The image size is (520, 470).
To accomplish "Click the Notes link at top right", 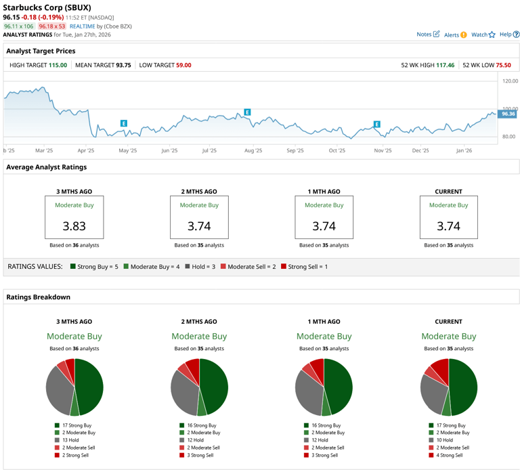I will tap(427, 34).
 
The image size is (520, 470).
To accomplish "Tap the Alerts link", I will tap(454, 35).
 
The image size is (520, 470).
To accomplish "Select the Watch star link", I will tap(483, 35).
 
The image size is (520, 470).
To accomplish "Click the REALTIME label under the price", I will tap(83, 26).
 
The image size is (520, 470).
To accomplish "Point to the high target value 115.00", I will tap(58, 65).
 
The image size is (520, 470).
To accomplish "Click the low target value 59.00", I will tap(183, 65).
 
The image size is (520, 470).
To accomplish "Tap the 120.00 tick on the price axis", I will tap(510, 81).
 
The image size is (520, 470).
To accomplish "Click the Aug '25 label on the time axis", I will tap(253, 151).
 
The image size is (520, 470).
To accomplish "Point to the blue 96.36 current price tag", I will tap(507, 114).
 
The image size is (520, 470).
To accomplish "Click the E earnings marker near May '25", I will tap(124, 123).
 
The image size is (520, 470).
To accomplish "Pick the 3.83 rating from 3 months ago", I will tap(74, 226).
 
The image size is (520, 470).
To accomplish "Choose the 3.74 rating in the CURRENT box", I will tap(448, 226).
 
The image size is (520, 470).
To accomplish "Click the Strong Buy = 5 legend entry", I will tap(94, 267).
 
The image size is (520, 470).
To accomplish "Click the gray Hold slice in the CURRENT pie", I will tap(433, 393).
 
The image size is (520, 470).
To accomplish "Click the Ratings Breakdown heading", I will tap(38, 297).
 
